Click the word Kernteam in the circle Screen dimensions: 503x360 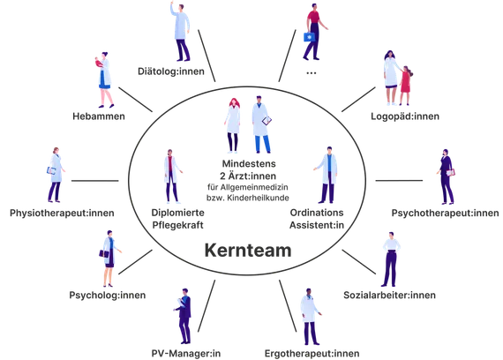248,250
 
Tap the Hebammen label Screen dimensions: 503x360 99,116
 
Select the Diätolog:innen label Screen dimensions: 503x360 171,71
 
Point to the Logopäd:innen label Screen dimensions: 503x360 405,116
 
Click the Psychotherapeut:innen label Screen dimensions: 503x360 446,213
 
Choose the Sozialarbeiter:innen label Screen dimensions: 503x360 389,295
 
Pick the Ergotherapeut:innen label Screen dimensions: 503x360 312,354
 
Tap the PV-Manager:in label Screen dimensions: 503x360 186,354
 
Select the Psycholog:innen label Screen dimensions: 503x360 108,296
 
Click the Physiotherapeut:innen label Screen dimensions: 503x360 62,213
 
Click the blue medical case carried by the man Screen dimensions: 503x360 309,36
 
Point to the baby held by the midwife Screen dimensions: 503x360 98,63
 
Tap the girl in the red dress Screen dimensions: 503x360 405,86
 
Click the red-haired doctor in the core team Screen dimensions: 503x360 233,125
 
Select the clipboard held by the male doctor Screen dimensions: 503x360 267,121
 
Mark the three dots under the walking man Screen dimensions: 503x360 312,73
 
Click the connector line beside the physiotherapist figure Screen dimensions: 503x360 95,181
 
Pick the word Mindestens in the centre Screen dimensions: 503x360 249,163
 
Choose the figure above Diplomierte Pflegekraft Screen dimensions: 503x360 173,176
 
